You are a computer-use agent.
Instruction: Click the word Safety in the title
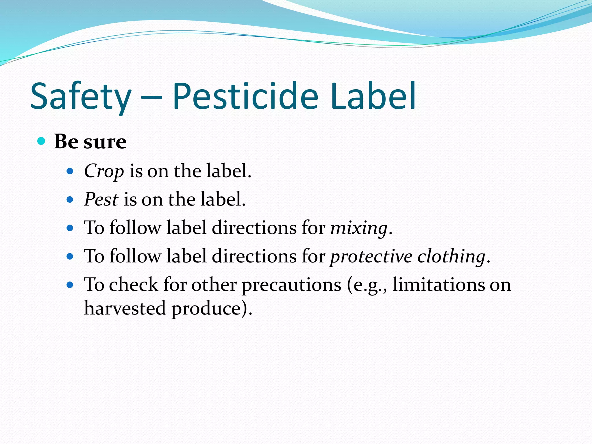81,97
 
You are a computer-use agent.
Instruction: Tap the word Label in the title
373,97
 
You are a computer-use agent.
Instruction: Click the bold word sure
105,142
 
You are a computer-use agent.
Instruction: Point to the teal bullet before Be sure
42,141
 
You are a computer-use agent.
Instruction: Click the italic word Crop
104,171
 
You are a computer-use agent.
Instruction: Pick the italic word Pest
101,199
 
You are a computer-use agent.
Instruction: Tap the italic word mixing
359,228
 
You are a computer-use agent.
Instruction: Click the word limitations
438,285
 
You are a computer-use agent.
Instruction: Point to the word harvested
125,308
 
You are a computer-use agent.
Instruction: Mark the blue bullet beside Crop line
70,171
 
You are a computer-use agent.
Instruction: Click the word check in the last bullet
134,285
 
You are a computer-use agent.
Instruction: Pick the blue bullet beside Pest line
70,200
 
